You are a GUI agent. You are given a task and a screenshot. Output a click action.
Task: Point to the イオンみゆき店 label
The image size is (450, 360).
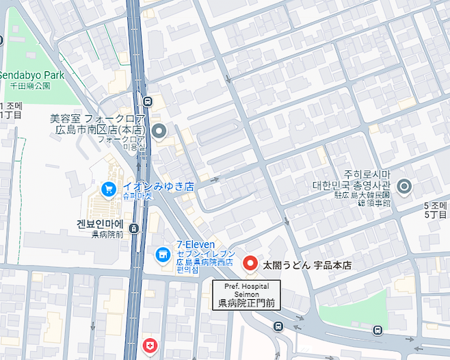coord(158,186)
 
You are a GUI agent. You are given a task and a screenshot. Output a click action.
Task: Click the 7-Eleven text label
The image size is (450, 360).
coord(196,244)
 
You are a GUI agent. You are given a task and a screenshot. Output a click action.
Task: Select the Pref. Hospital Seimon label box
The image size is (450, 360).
coord(247,294)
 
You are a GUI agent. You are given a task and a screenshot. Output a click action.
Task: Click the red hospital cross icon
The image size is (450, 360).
coord(148,346)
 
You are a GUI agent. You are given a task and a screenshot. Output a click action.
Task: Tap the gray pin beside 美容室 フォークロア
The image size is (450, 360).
coord(159,130)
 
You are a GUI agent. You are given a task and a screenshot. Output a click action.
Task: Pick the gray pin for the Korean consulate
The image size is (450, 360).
coord(404,185)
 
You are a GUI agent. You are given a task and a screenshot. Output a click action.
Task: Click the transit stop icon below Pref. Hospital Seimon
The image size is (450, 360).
coord(278,326)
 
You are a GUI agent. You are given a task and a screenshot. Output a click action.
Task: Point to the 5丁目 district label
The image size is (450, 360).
coord(435,214)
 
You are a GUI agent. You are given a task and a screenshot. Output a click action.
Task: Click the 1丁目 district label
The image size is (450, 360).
coord(11,114)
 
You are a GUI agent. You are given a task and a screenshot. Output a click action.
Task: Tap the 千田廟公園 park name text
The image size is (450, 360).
coord(30,86)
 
